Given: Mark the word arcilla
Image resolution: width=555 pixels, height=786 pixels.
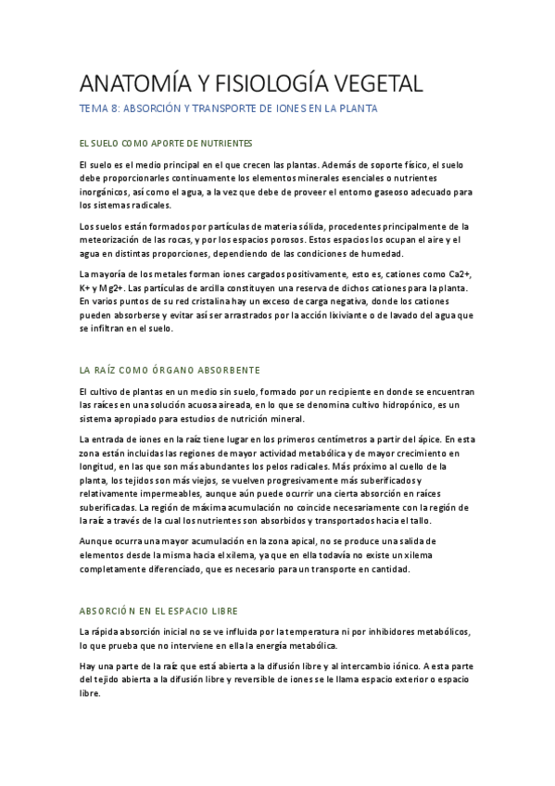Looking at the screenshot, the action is pyautogui.click(x=235, y=288).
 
